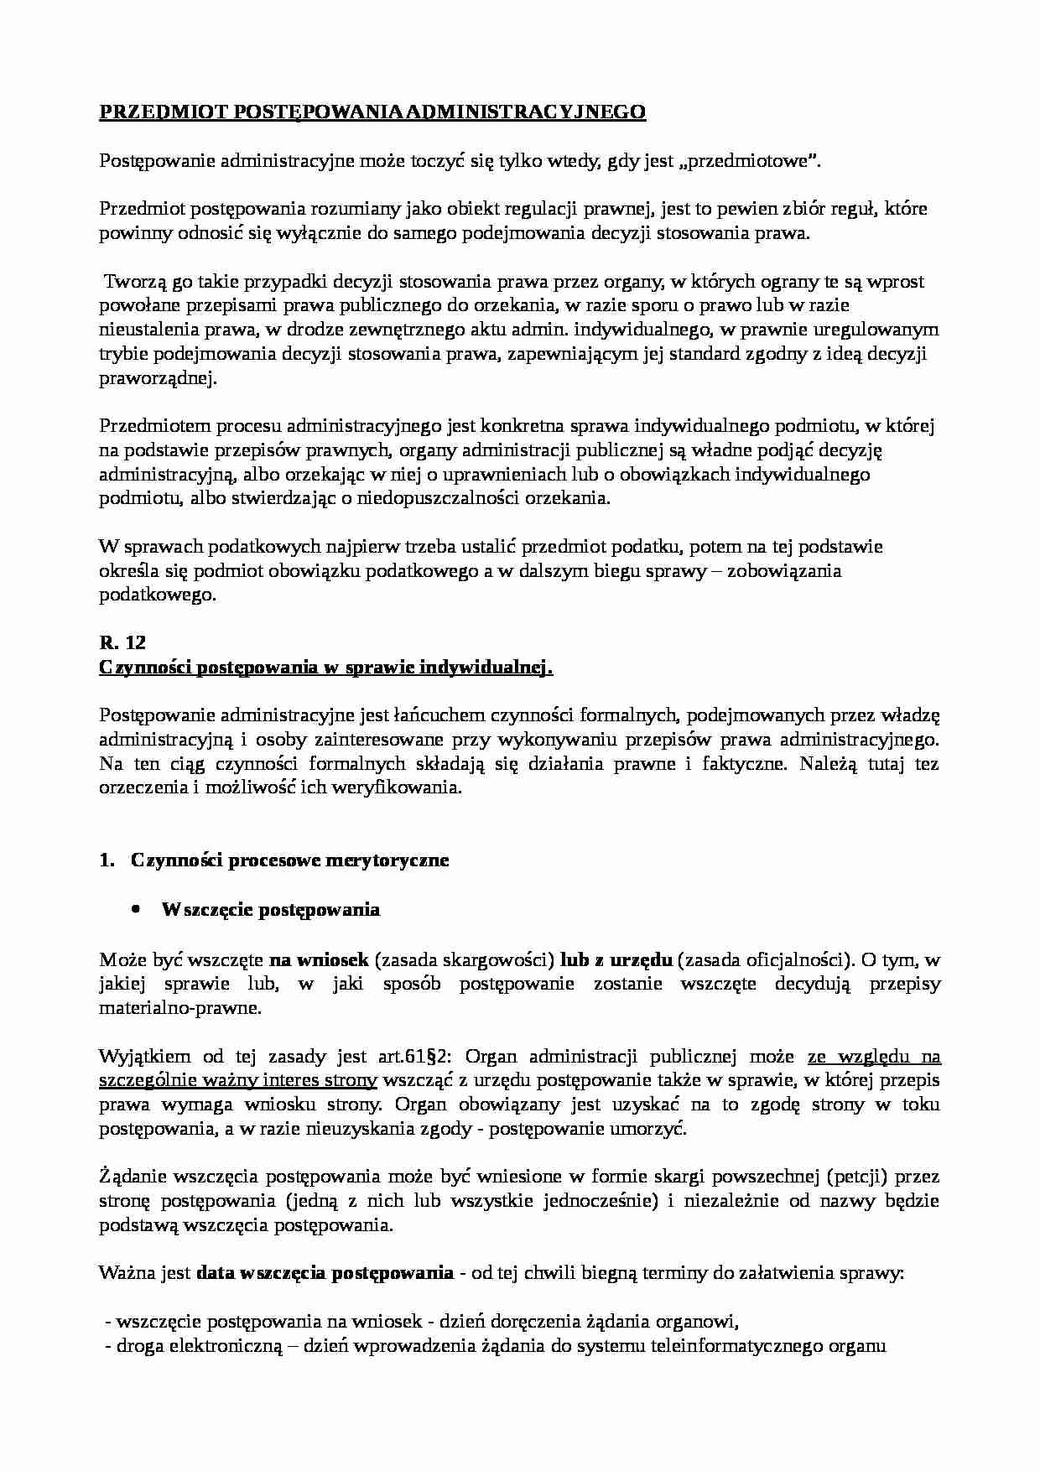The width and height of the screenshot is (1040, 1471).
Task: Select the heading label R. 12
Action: (x=122, y=643)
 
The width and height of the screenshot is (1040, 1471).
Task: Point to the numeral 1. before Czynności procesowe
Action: (x=106, y=860)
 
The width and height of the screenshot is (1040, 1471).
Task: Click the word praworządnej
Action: (x=157, y=379)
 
